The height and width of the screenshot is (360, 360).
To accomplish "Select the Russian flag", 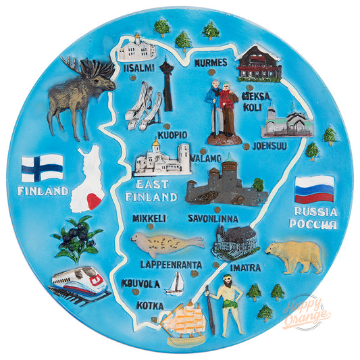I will tap(314, 189).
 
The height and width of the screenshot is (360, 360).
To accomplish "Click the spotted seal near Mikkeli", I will tap(159, 241).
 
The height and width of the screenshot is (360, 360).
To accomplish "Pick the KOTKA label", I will tap(149, 305).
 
